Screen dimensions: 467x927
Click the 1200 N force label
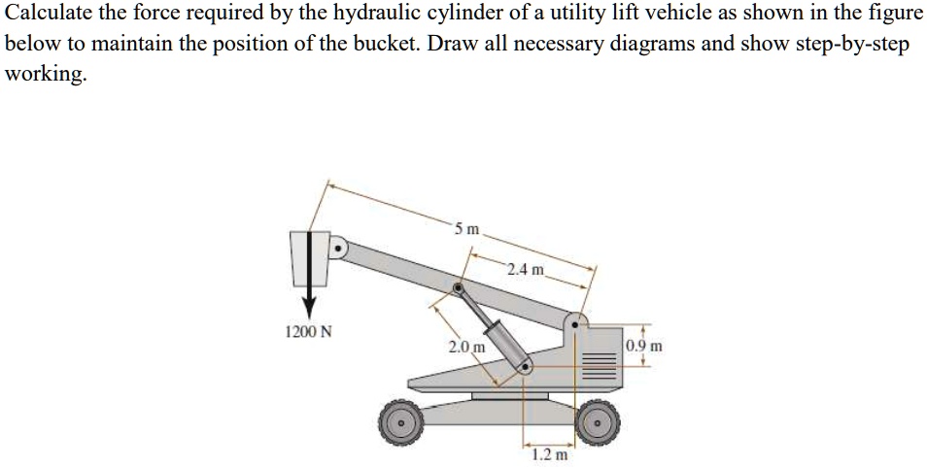click(308, 332)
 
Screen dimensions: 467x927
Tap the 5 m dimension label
click(466, 229)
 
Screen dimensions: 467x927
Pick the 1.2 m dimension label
click(550, 453)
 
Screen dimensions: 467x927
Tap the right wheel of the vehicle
click(598, 421)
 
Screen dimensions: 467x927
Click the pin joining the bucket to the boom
click(338, 249)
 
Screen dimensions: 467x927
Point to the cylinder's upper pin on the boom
click(458, 287)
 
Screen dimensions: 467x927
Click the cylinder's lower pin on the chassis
click(526, 366)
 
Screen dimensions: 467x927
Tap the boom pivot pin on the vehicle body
click(577, 323)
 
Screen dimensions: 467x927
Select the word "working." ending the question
click(46, 75)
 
